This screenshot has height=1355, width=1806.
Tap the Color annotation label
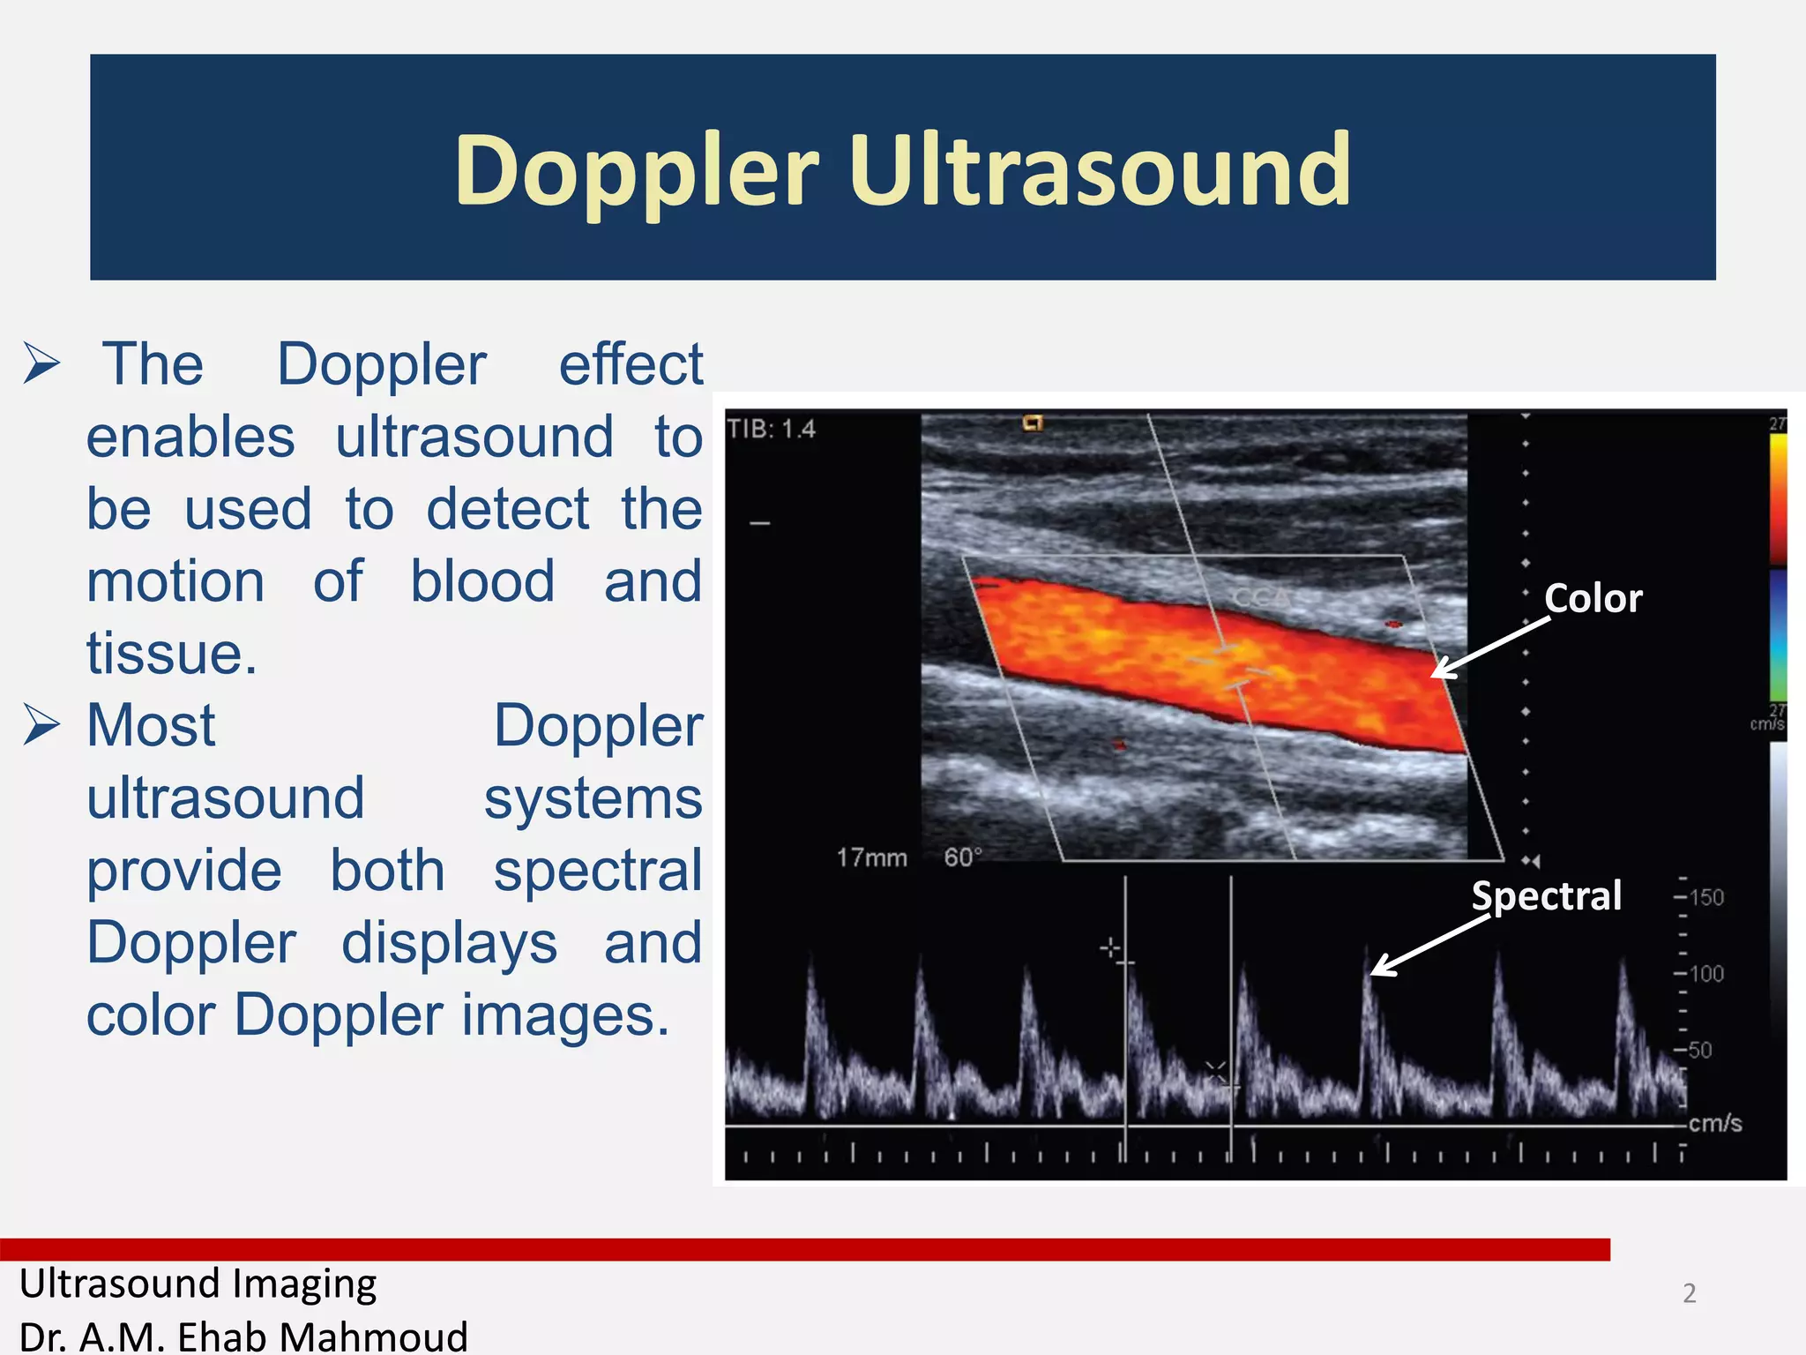[x=1593, y=599]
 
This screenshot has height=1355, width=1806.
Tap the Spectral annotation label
[x=1546, y=896]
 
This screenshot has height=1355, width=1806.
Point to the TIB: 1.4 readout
[x=772, y=430]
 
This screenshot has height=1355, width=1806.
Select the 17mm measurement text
[x=871, y=857]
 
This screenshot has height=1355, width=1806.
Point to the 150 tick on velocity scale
[x=1705, y=898]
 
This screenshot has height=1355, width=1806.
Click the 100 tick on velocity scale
[x=1705, y=974]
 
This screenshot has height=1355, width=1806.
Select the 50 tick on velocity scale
[x=1699, y=1050]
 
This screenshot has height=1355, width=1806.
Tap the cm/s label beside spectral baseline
[x=1714, y=1123]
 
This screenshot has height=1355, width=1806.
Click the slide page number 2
[x=1689, y=1293]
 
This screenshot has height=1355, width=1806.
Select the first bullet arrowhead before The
[x=41, y=363]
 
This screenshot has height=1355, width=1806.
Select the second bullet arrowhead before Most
[x=41, y=725]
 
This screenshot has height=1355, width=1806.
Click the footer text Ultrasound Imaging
[x=198, y=1284]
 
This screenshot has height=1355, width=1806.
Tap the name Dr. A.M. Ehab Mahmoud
[x=243, y=1336]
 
